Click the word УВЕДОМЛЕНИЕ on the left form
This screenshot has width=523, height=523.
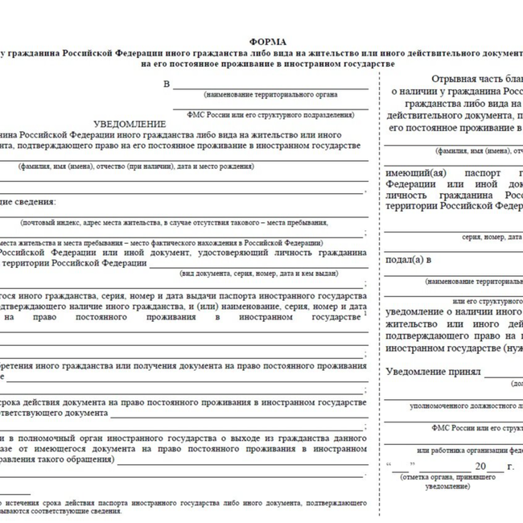point(130,124)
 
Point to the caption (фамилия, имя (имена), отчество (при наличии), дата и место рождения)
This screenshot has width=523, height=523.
point(137,166)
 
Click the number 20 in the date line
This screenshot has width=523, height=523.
point(480,467)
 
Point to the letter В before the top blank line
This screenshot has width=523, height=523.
point(167,84)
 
